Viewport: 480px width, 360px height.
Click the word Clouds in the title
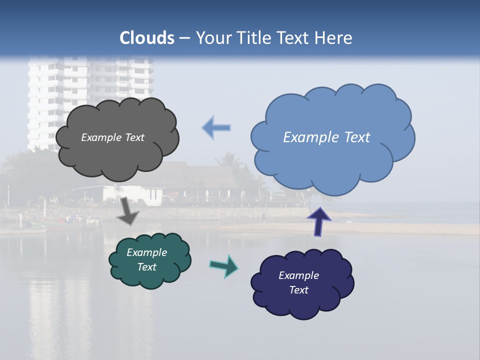pos(147,38)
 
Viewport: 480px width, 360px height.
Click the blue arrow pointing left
pos(216,128)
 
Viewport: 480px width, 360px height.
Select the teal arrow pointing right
pos(223,266)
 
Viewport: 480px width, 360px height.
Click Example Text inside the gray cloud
pos(112,137)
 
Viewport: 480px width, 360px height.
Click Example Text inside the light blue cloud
pos(326,137)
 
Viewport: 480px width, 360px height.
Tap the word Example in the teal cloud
pos(146,252)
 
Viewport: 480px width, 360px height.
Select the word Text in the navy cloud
pos(298,290)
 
